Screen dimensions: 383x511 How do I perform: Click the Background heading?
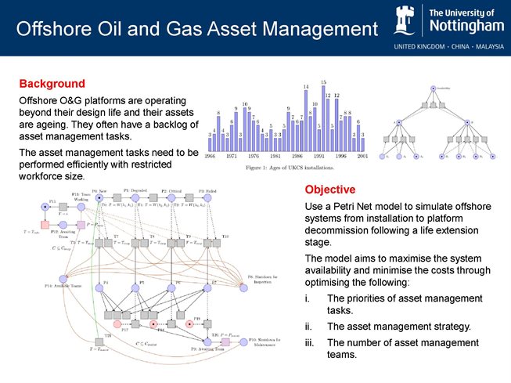52,83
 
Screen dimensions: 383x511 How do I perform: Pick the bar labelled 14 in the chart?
306,118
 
